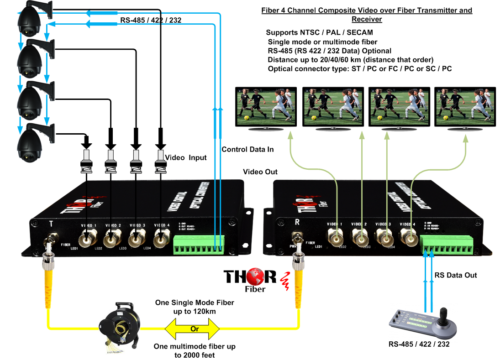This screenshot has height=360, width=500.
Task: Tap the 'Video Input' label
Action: coord(186,157)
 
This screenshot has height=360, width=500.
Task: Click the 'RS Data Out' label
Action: coord(456,275)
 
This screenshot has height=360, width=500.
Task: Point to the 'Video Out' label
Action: coord(260,172)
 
